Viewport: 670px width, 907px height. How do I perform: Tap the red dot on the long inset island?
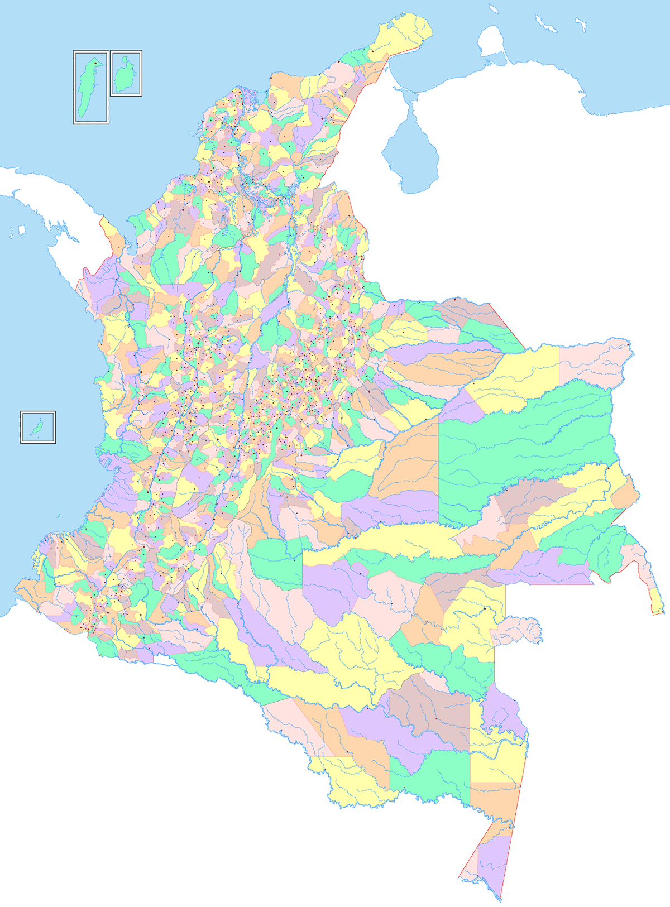(95, 63)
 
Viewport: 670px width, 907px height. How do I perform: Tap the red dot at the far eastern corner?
(629, 344)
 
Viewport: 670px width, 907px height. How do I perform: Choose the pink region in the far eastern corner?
(592, 363)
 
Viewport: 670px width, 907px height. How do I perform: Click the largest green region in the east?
(525, 441)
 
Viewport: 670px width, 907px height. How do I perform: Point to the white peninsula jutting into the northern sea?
(491, 42)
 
